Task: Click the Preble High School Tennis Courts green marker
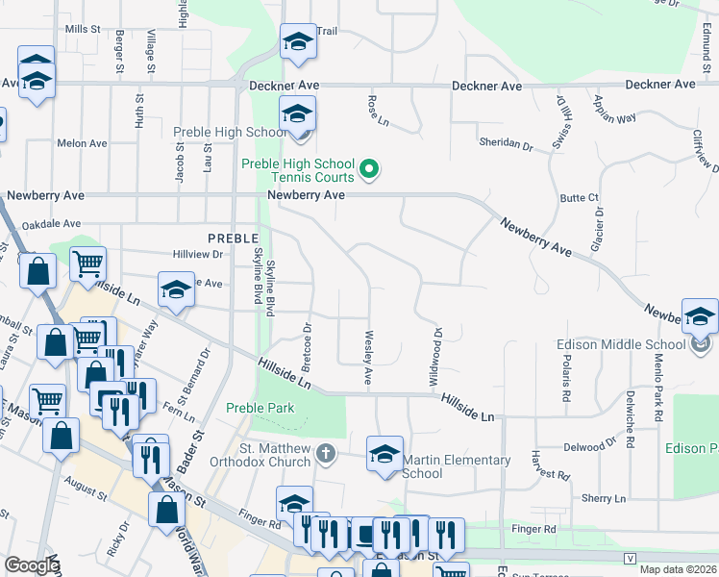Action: (369, 172)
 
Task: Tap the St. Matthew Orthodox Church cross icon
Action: (327, 452)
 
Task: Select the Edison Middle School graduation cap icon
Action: (700, 318)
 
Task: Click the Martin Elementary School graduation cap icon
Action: (384, 454)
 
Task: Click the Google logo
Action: (31, 565)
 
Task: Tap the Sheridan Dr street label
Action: (506, 143)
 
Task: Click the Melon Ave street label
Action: (83, 143)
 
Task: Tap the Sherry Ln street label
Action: (604, 498)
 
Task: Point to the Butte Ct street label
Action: (580, 197)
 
